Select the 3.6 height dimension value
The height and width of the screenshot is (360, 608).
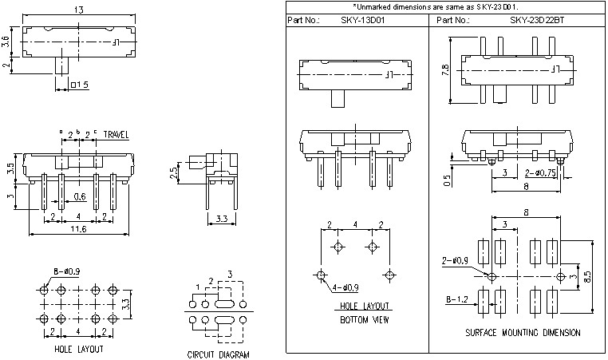(6, 43)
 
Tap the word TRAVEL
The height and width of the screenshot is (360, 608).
(116, 135)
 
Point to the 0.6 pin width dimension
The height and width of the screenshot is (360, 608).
(80, 196)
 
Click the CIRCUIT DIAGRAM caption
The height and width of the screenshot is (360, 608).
(218, 354)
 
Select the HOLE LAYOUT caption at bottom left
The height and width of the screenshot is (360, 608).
(79, 349)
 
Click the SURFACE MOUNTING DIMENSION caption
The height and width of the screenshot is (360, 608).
(522, 332)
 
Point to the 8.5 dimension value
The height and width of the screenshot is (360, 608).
(586, 275)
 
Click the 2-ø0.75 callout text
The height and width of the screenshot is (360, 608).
(540, 172)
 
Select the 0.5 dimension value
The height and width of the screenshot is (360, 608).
(445, 179)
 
